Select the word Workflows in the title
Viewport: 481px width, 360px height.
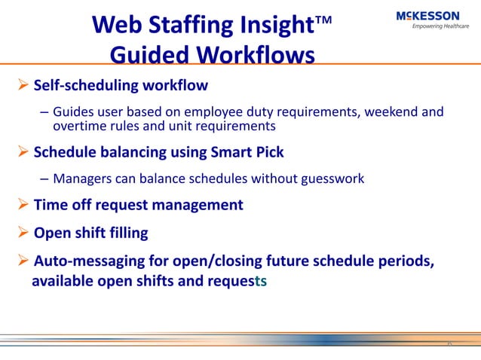253,56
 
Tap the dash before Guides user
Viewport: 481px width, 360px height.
44,113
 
